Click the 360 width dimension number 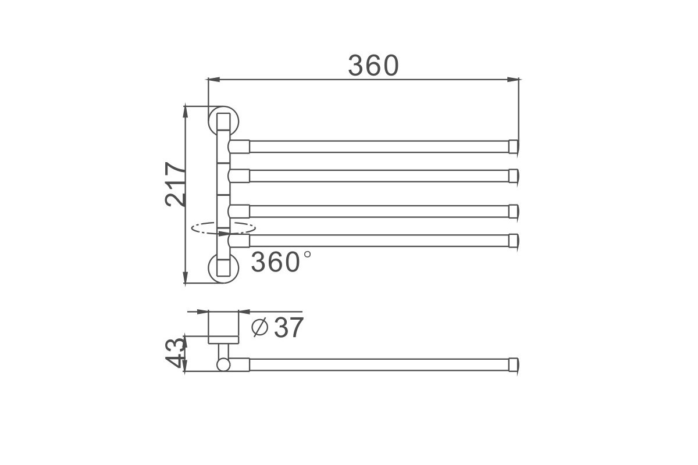pyautogui.click(x=373, y=66)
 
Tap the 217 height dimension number pyautogui.click(x=175, y=184)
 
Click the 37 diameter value pyautogui.click(x=289, y=327)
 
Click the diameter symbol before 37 pyautogui.click(x=259, y=327)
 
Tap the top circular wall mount pyautogui.click(x=223, y=121)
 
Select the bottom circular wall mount pyautogui.click(x=223, y=268)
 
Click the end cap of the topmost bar pyautogui.click(x=514, y=146)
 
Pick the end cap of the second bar pyautogui.click(x=514, y=176)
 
